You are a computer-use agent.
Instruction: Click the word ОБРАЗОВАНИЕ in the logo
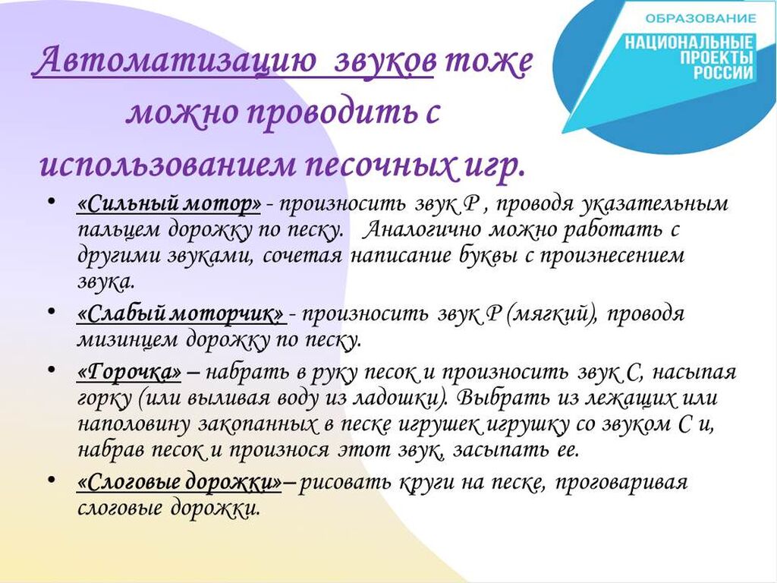700,19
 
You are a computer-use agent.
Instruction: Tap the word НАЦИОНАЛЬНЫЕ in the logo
689,43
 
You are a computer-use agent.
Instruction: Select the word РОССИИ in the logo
723,72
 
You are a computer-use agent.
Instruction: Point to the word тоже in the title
487,62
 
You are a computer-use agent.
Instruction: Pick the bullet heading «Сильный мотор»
169,203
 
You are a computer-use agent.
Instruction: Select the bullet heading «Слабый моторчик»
181,314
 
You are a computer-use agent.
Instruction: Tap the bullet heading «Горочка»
129,373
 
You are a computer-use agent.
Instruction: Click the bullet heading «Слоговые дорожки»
179,482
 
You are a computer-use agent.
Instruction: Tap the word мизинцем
127,341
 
